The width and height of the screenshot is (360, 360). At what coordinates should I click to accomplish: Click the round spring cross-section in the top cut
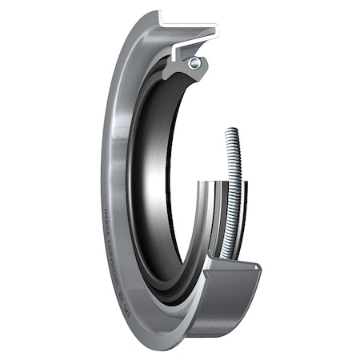point(194,62)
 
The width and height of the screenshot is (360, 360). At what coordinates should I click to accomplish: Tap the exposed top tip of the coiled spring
point(234,131)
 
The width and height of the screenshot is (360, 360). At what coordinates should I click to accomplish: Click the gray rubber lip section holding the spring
point(184,70)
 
